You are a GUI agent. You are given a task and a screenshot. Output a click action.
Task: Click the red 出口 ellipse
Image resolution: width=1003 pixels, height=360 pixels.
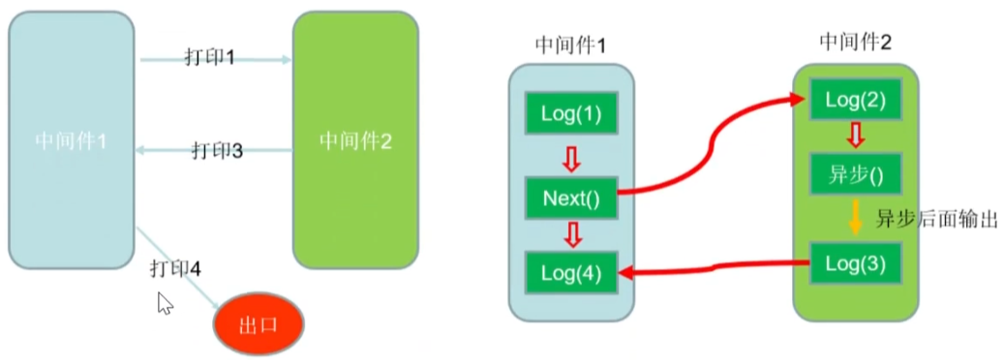[x=258, y=323]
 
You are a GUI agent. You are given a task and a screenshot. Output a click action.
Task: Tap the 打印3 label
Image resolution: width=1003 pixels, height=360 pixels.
[x=216, y=150]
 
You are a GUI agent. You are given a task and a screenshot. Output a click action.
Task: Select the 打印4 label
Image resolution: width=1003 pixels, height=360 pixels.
[x=175, y=267]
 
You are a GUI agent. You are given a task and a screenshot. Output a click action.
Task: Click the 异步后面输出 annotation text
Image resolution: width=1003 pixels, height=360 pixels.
[x=935, y=219]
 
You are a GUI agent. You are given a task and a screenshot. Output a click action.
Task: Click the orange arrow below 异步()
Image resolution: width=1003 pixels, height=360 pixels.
[x=854, y=219]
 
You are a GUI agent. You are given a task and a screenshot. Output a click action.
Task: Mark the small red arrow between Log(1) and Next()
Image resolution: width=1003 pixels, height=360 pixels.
[x=573, y=156]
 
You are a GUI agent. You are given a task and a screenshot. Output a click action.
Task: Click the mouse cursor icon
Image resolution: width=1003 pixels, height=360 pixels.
[x=165, y=305]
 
